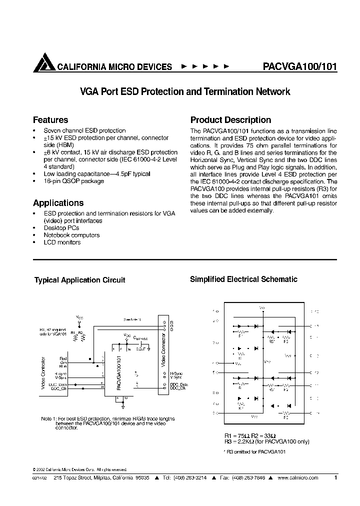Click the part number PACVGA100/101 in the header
click(299, 66)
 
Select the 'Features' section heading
click(50, 120)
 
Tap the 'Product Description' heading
click(230, 120)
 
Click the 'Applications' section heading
click(58, 203)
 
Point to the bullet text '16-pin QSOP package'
click(74, 181)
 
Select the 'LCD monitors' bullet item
click(62, 242)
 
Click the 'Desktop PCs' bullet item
click(61, 228)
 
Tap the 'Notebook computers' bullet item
click(72, 235)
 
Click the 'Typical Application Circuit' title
click(79, 280)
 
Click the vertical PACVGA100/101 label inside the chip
click(118, 373)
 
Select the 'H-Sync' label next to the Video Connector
click(176, 373)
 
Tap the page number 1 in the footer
click(335, 478)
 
